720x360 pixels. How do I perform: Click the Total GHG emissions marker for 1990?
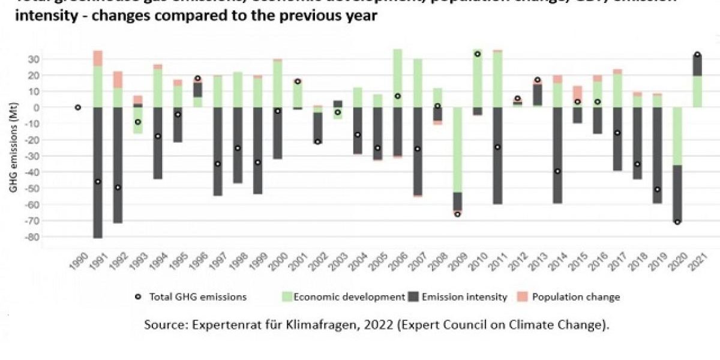point(78,107)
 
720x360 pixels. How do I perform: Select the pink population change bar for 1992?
point(118,80)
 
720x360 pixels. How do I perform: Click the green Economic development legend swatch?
point(287,297)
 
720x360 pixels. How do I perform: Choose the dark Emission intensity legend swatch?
point(414,297)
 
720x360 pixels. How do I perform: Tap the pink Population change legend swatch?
point(524,297)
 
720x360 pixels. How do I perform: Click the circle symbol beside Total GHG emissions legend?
point(138,297)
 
